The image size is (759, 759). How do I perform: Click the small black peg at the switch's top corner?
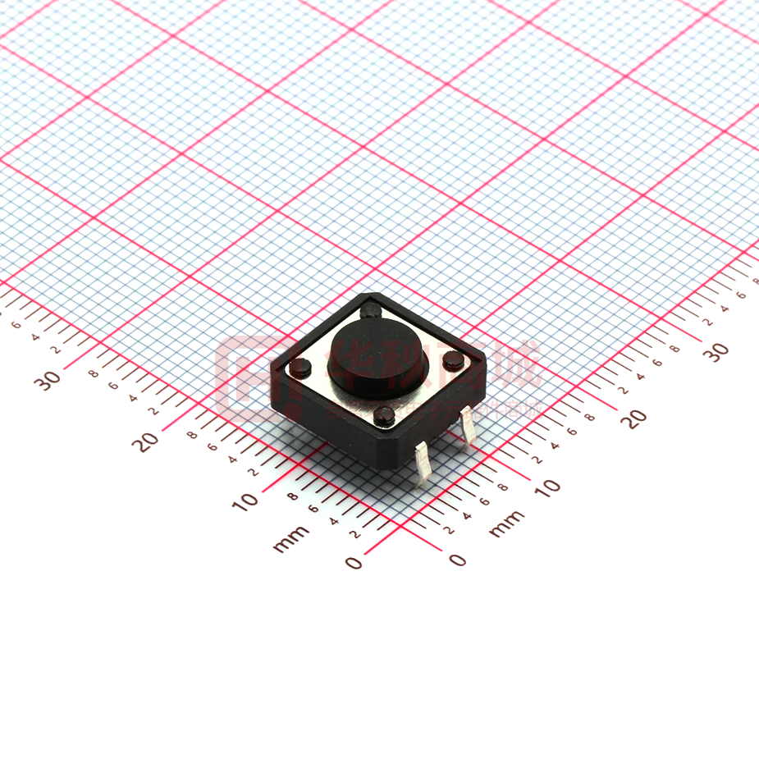[371, 310]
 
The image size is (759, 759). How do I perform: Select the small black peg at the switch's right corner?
[451, 359]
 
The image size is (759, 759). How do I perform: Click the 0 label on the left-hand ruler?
[354, 562]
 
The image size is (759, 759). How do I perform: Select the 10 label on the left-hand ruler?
[245, 500]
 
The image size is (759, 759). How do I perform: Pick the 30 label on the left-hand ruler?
[48, 381]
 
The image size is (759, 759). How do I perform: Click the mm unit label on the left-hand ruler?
[291, 538]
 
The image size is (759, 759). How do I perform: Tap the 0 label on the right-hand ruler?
[458, 560]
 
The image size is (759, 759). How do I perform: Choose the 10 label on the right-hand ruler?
[547, 487]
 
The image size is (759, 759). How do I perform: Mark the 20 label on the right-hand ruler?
[634, 418]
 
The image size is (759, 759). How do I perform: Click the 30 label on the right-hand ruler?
[717, 351]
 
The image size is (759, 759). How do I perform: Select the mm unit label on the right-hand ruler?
[506, 524]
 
